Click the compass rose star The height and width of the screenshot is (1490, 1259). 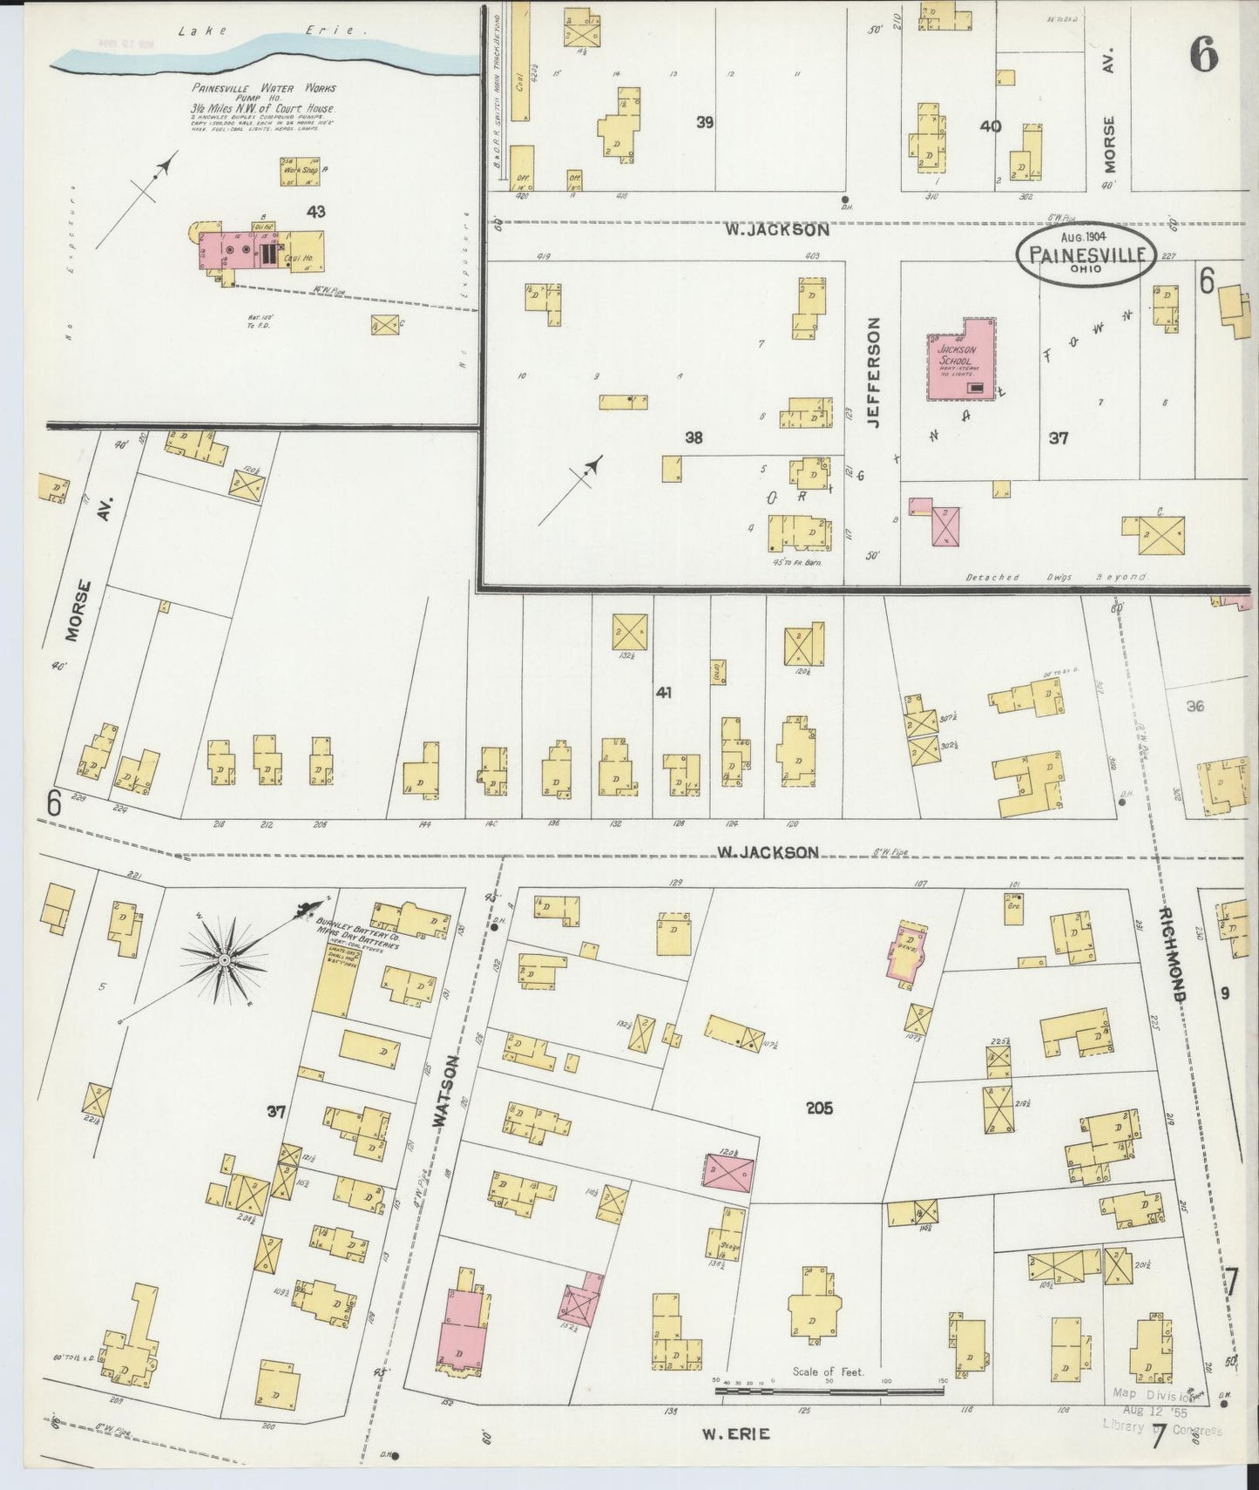click(224, 959)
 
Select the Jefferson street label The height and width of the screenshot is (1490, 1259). click(874, 371)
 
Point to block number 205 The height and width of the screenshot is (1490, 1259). click(819, 1108)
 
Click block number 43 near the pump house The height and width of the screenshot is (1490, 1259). click(315, 211)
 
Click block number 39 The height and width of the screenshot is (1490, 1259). click(705, 123)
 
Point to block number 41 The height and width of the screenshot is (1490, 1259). click(664, 693)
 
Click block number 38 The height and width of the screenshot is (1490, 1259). click(693, 438)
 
